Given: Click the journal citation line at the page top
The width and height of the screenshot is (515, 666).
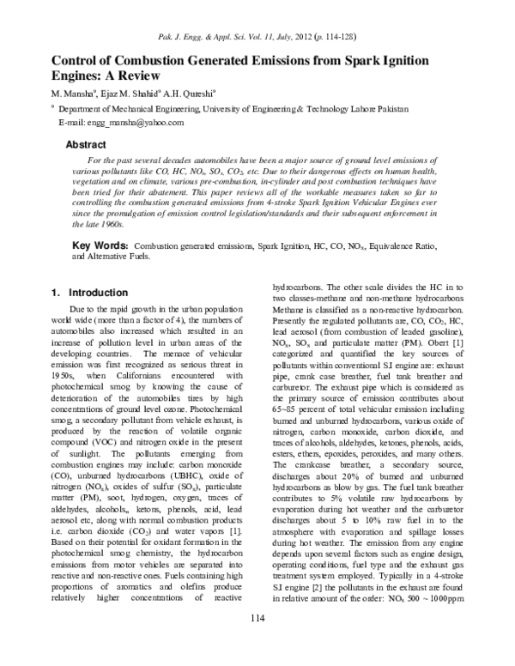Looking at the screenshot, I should point(257,36).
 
